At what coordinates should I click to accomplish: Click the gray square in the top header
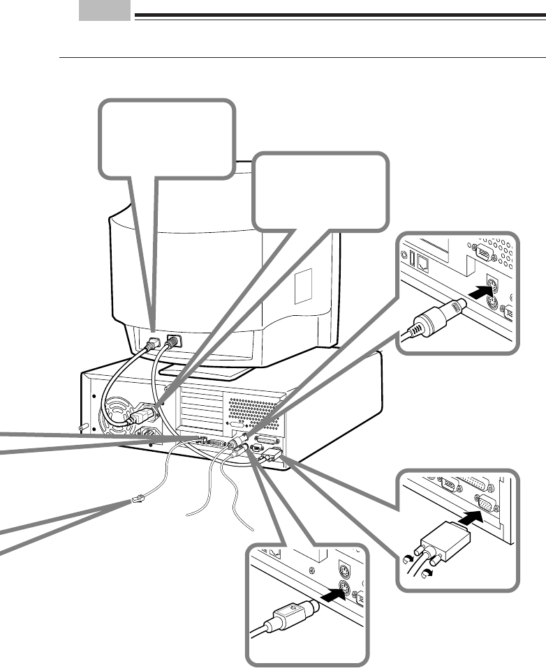point(105,10)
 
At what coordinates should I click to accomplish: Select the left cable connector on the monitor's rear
point(152,343)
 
